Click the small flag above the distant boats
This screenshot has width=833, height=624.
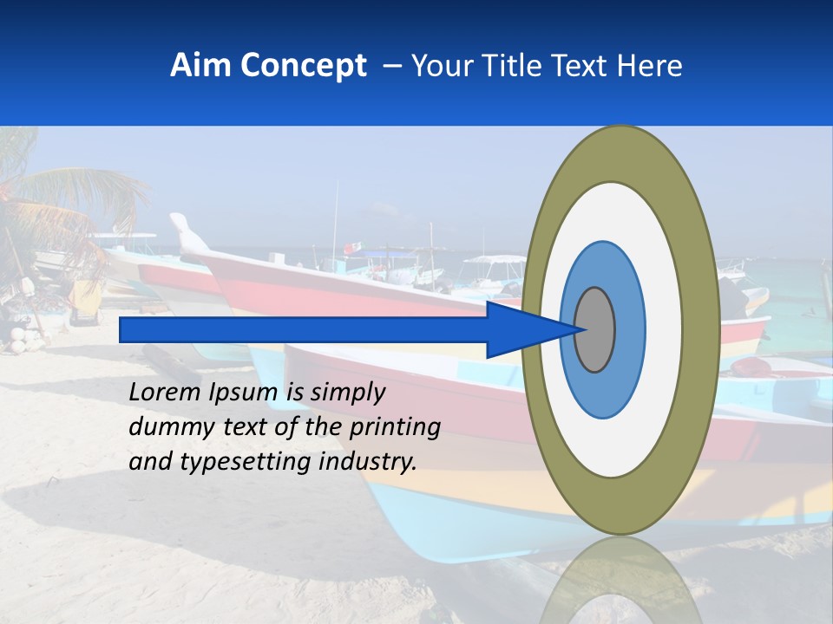coord(350,248)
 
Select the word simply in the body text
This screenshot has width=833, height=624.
coord(347,393)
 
